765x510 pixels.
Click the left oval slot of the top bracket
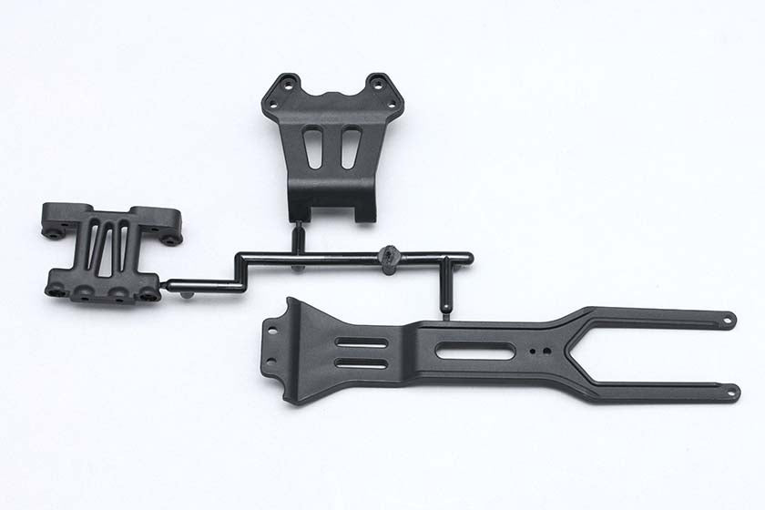point(313,148)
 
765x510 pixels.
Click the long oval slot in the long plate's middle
point(474,351)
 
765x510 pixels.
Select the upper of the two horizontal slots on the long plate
point(362,343)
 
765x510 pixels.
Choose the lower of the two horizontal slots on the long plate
point(362,362)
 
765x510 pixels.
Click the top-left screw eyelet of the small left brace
point(54,232)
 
